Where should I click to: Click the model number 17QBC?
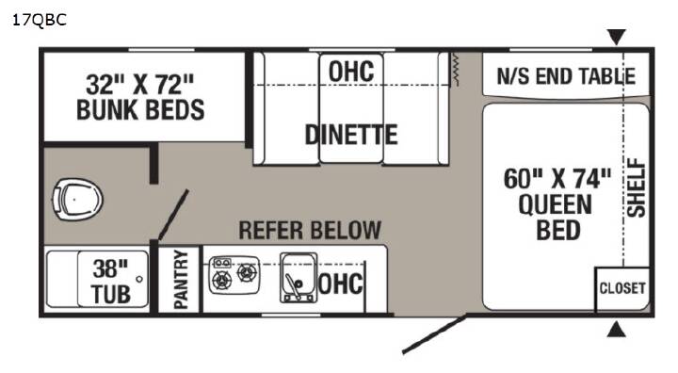40,21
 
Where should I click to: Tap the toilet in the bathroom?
77,200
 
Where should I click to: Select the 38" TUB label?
111,282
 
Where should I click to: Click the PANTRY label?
181,279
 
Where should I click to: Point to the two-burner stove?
234,275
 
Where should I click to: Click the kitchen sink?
298,277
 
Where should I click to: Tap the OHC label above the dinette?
351,72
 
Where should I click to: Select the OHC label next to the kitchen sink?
341,284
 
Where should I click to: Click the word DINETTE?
351,135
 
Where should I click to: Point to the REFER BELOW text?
310,230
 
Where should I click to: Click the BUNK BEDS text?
140,109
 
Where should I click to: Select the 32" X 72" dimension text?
140,85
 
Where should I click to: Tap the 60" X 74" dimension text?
557,178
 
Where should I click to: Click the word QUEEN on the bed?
556,204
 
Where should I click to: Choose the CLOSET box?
622,289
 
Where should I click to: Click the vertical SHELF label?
637,187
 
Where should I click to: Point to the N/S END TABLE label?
566,76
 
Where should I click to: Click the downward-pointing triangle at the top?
616,37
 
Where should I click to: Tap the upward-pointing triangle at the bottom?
616,330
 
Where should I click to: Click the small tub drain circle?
139,279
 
